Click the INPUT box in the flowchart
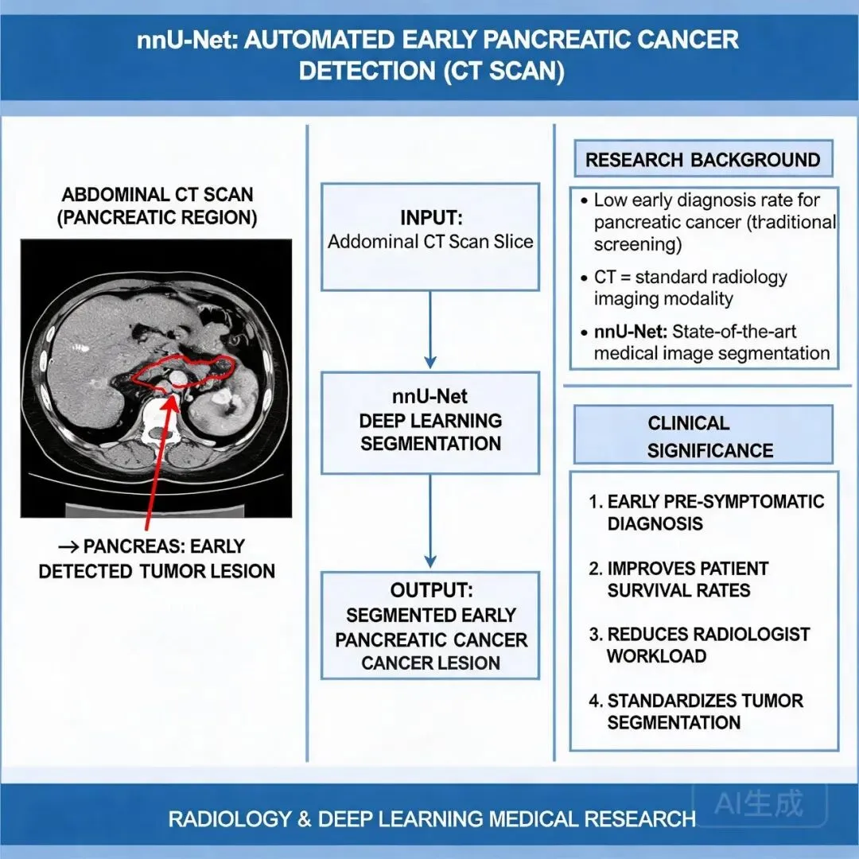(x=430, y=237)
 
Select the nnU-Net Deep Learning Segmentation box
(x=430, y=422)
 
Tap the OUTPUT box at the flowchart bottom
(x=430, y=626)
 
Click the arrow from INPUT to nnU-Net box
(x=430, y=330)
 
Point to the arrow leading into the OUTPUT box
(x=430, y=521)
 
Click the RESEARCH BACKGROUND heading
(x=703, y=159)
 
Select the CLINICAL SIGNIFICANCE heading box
(x=703, y=435)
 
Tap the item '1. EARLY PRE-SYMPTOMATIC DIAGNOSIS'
(x=707, y=512)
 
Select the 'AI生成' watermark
(x=760, y=803)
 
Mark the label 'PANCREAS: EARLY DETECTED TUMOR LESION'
(x=157, y=559)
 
